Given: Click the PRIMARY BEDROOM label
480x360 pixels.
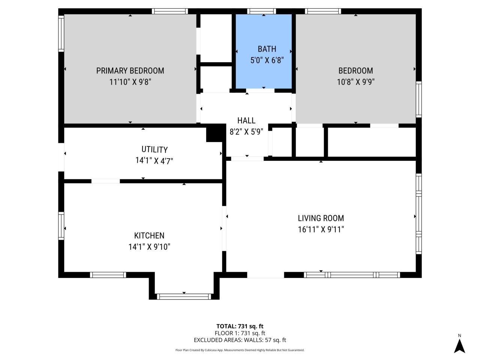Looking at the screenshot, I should [x=130, y=70].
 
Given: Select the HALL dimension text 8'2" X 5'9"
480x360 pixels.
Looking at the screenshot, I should [x=246, y=132].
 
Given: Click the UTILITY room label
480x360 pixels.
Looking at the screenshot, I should [x=154, y=150].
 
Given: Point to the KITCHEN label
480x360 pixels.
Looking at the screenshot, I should [x=149, y=235].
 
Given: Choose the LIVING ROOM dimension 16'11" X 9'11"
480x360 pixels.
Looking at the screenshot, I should [x=321, y=229].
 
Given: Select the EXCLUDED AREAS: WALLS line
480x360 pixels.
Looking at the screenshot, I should [x=240, y=340].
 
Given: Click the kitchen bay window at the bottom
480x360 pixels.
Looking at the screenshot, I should [x=184, y=297].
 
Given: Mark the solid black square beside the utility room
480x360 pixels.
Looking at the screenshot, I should [x=214, y=135].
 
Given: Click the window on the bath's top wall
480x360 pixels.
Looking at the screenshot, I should [x=262, y=11].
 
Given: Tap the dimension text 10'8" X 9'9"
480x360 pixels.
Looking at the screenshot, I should [x=356, y=82].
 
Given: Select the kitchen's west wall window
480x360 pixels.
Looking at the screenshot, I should [x=61, y=225].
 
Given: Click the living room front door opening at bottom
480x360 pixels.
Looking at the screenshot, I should [x=265, y=275].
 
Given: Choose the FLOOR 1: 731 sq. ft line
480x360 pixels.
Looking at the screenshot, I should [x=240, y=333].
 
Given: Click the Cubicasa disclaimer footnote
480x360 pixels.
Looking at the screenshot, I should [x=240, y=350].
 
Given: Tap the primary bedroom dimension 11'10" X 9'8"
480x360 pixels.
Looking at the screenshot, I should [x=130, y=82].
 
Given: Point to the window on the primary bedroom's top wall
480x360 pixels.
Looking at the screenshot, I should [x=169, y=11].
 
